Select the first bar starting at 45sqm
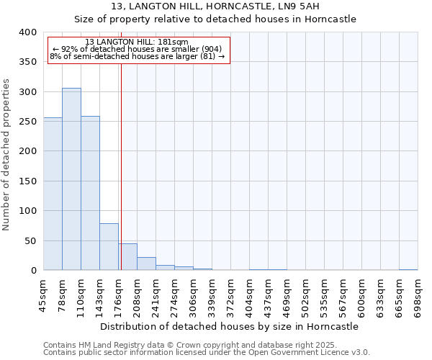53,194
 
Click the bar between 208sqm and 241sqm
146,264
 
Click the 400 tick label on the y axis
27,32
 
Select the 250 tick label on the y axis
27,122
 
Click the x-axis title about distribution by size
230,326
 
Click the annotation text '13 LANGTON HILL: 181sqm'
137,42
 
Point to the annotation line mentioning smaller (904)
138,49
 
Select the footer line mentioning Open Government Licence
207,352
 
